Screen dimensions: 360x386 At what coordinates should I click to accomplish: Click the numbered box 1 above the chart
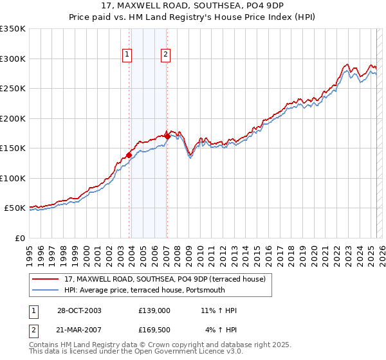127,55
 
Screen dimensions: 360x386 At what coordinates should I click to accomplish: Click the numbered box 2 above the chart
166,55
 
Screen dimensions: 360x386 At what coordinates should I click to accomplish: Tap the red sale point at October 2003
129,155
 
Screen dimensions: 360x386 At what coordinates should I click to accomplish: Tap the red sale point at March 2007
167,136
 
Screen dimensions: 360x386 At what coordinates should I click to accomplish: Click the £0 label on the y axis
19,238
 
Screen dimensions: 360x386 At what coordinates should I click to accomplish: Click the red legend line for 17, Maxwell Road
46,278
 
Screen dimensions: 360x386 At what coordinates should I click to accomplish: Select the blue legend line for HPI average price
46,290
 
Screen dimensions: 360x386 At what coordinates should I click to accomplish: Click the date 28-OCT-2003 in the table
79,310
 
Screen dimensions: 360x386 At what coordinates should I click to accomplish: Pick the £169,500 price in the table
154,330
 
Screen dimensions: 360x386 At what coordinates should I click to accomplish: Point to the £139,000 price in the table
154,310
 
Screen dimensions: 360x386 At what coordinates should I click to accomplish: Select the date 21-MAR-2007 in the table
79,330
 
